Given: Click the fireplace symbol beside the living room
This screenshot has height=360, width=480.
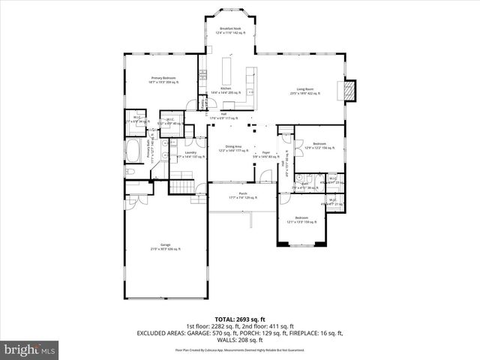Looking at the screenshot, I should [349, 90].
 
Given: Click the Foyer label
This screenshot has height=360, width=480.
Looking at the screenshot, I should [265, 154].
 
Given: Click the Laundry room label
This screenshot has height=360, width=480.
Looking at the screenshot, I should [180, 154].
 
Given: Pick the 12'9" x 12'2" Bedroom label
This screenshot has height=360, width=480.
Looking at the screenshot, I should [319, 145].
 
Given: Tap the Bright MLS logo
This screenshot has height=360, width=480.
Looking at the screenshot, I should [30, 349].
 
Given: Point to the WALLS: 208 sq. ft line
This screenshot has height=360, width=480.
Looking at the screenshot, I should [239, 339].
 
